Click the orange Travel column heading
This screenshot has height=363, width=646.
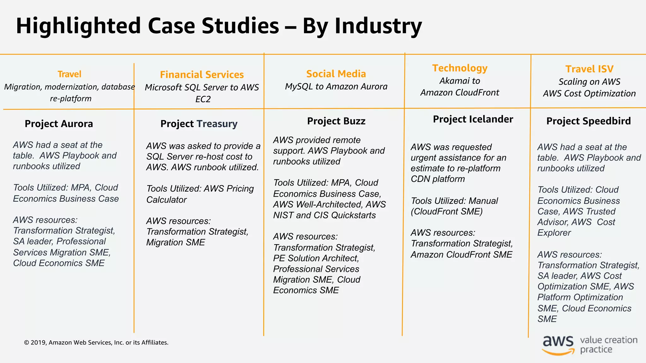click(69, 74)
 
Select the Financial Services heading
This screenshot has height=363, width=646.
click(202, 75)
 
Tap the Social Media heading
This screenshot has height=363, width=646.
click(336, 74)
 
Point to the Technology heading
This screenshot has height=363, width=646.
click(460, 68)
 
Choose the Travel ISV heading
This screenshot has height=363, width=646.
click(589, 69)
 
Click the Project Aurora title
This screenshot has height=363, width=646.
click(59, 124)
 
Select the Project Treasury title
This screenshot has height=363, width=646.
click(199, 124)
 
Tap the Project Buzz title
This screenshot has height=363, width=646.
click(336, 121)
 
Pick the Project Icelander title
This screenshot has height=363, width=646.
click(473, 119)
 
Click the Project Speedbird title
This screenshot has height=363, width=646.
click(588, 121)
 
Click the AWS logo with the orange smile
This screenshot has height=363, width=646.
click(558, 345)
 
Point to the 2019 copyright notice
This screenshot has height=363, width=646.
click(96, 343)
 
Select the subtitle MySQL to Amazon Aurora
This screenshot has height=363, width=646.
click(336, 87)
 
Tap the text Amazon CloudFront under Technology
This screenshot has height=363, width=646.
click(460, 93)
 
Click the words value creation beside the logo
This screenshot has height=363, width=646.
click(608, 340)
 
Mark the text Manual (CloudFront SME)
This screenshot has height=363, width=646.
click(454, 206)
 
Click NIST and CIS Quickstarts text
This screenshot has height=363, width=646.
click(324, 215)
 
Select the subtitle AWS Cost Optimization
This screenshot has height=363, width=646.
click(589, 94)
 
